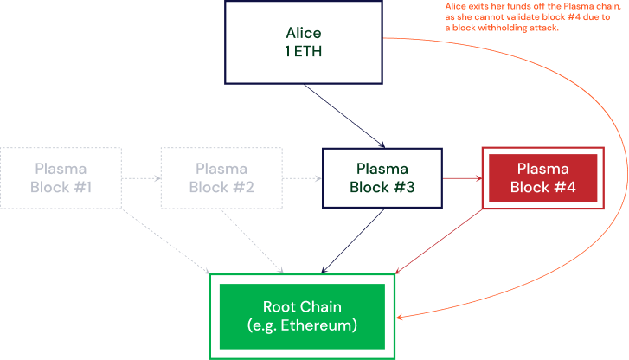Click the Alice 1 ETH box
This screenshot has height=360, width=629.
303,42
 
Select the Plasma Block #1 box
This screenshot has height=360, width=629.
61,177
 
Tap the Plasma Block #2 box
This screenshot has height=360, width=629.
221,177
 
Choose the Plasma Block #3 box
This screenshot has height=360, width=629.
382,177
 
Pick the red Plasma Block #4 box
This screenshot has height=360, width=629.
542,177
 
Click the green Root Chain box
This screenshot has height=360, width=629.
302,316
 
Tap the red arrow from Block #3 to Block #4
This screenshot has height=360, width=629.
461,178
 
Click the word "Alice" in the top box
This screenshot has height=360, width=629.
303,34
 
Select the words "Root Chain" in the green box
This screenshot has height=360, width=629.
302,307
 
